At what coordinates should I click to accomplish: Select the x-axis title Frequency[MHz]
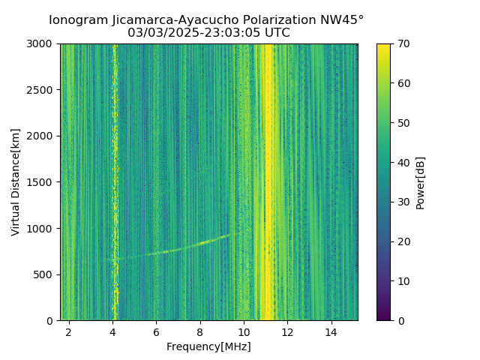208,346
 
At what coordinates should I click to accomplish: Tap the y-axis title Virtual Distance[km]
16,182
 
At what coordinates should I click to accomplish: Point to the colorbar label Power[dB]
421,182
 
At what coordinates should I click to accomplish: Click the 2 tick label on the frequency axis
69,331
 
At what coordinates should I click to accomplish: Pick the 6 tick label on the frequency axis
156,331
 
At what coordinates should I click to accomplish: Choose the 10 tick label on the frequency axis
244,331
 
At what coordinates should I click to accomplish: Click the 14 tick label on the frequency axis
331,331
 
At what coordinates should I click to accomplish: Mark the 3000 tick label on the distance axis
42,44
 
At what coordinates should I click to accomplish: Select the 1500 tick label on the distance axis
42,182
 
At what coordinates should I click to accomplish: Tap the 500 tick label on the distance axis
45,274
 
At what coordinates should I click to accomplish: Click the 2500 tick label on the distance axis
42,90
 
